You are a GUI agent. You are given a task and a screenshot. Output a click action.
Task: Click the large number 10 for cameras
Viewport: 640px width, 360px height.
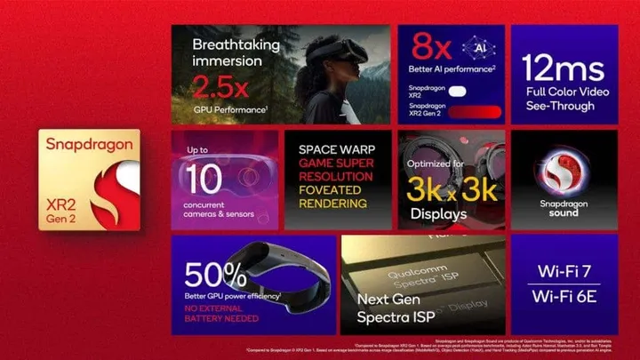coord(204,180)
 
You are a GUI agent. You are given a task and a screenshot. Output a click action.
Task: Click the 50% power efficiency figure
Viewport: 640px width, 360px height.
coord(213,276)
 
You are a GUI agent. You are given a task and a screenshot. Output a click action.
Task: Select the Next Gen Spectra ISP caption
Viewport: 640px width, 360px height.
coord(391,308)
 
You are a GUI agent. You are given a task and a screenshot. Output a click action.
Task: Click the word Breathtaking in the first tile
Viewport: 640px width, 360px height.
coord(236,44)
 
